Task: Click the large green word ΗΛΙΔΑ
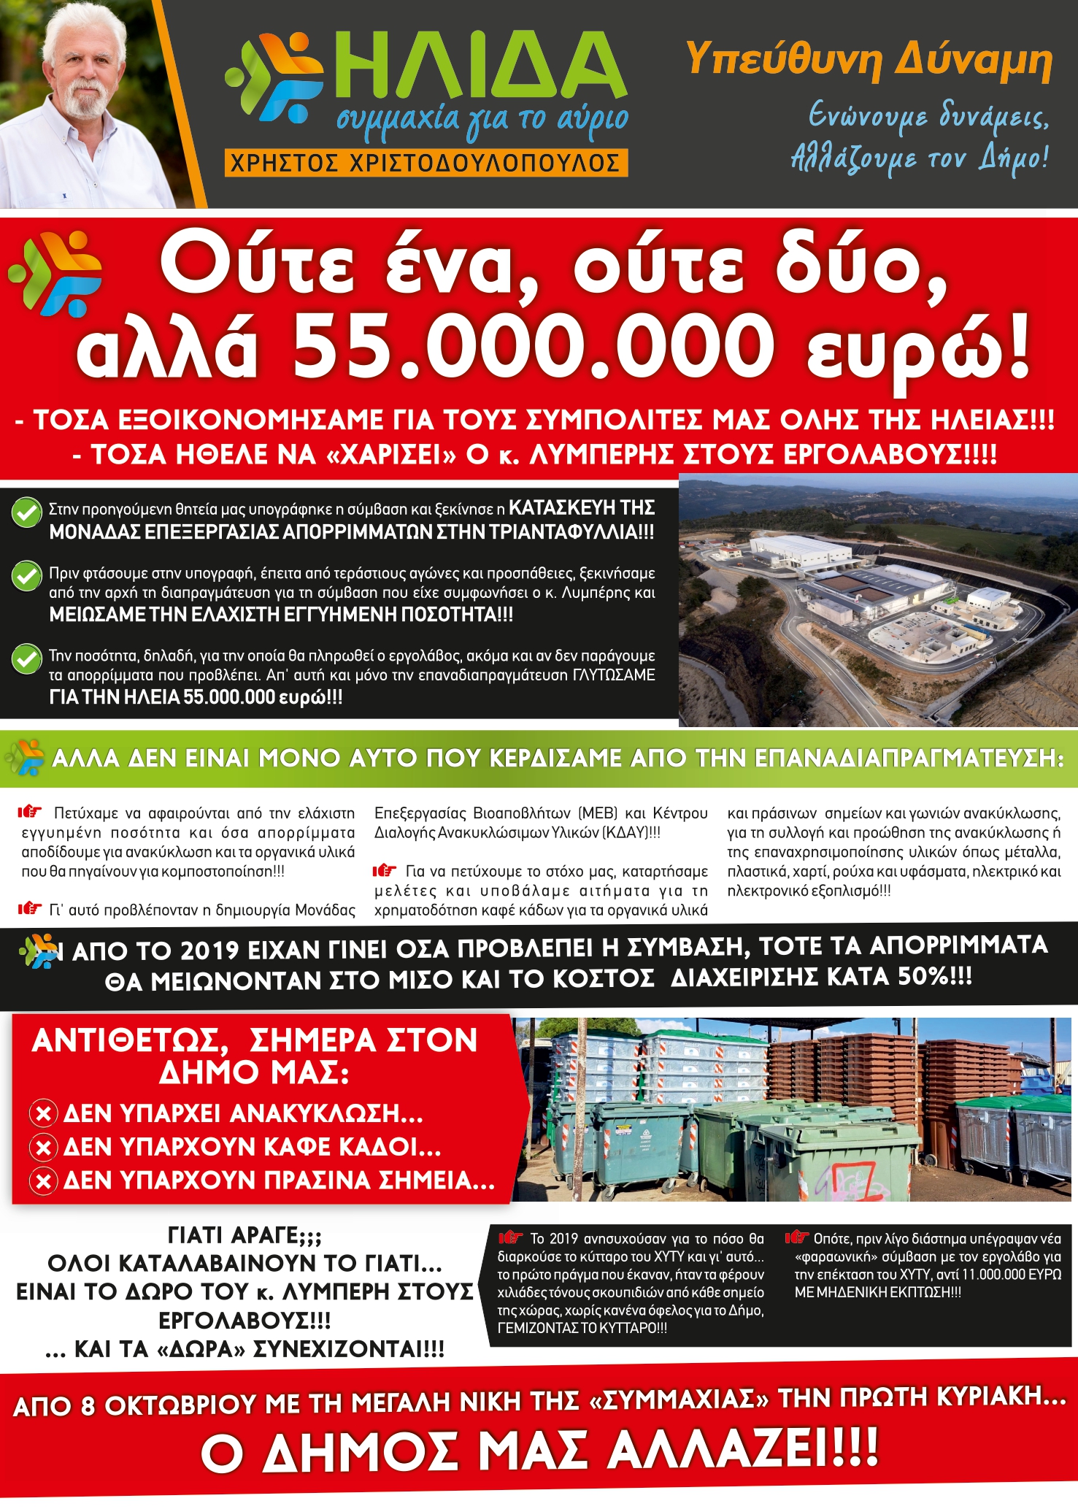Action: pyautogui.click(x=482, y=69)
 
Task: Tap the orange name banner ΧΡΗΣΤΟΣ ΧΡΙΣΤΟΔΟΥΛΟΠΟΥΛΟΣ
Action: pyautogui.click(x=426, y=162)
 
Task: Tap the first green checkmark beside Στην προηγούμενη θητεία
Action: pyautogui.click(x=27, y=512)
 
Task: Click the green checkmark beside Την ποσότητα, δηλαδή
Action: pyautogui.click(x=27, y=658)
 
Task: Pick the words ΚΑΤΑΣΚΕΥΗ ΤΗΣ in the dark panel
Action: pyautogui.click(x=582, y=508)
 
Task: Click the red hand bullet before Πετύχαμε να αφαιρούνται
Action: pyautogui.click(x=31, y=811)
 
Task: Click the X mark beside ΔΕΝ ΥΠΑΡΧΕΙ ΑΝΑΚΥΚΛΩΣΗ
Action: pyautogui.click(x=44, y=1114)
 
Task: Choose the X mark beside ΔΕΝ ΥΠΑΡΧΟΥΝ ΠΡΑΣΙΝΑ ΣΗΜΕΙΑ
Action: pyautogui.click(x=44, y=1180)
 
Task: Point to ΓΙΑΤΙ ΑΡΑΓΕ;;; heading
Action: pyautogui.click(x=245, y=1235)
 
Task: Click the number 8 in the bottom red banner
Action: pyautogui.click(x=88, y=1406)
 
